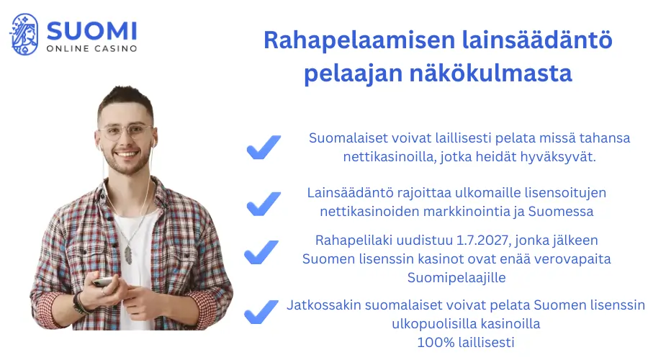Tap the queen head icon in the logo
[24, 34]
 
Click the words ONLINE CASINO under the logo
[91, 49]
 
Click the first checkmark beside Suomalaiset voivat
[264, 148]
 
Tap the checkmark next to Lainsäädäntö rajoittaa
[264, 203]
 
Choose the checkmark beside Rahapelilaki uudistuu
[261, 253]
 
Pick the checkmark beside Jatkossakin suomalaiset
[261, 312]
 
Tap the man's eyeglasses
[127, 132]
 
